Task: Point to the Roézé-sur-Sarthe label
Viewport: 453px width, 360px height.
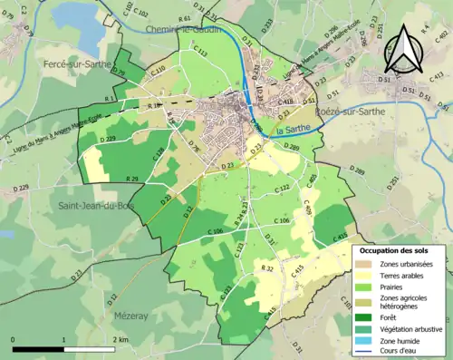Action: point(349,112)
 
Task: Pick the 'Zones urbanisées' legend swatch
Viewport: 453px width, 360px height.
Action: point(368,264)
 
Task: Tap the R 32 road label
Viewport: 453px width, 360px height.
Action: point(267,268)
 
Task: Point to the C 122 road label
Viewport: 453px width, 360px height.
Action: point(282,188)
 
